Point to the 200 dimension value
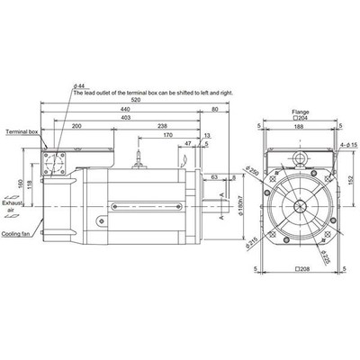[76, 127]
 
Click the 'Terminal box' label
[22, 131]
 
